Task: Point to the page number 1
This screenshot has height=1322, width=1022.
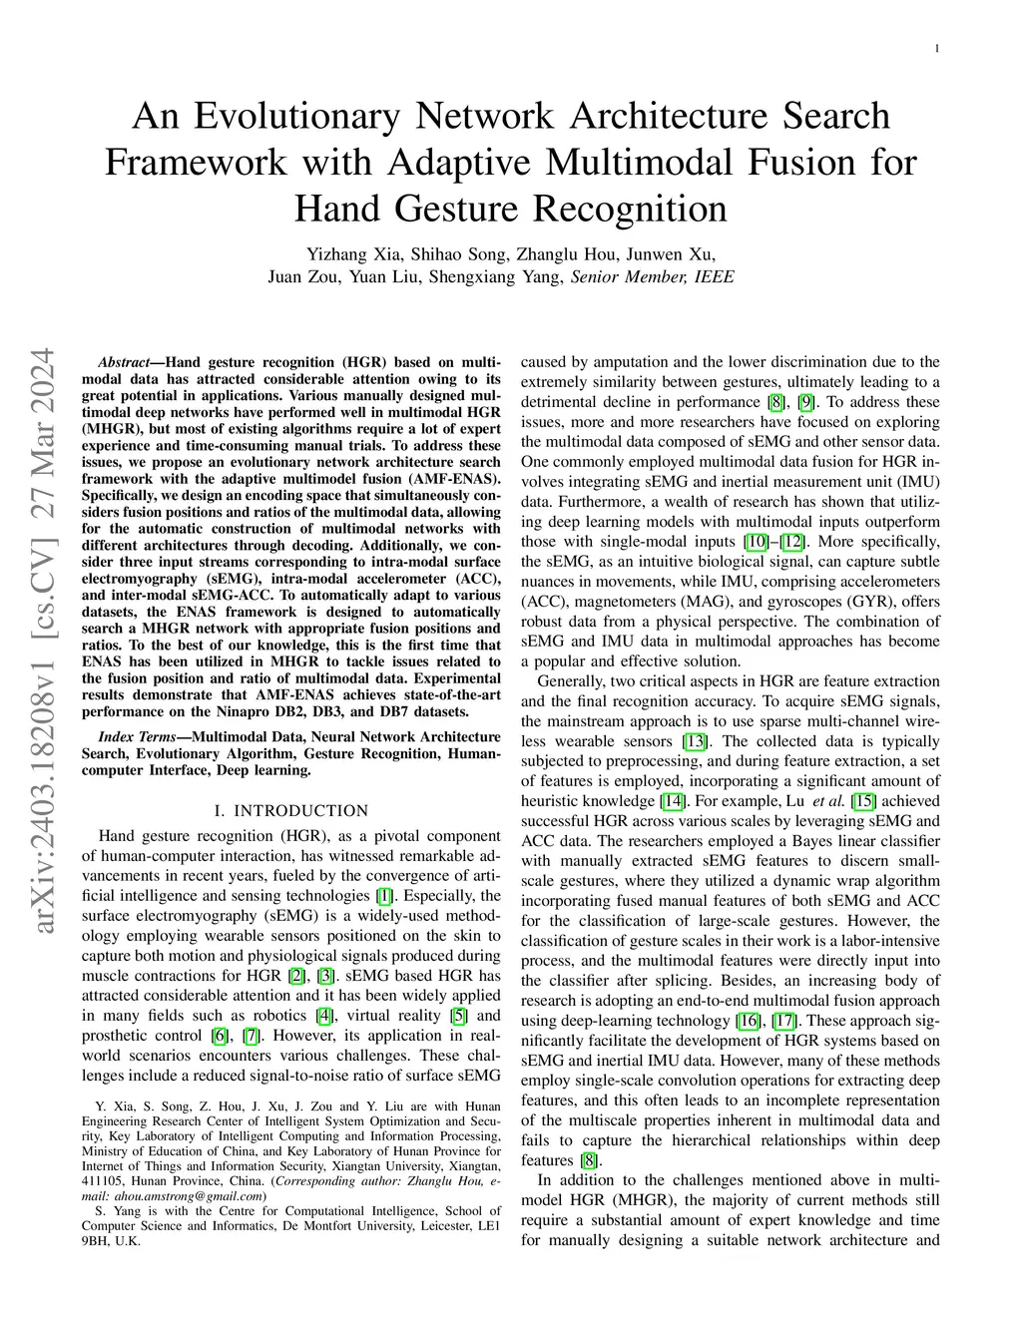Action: click(x=939, y=47)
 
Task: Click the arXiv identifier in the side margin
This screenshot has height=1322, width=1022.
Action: click(x=43, y=643)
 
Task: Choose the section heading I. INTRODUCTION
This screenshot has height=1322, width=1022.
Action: click(x=290, y=810)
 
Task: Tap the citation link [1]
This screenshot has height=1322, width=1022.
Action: click(x=384, y=896)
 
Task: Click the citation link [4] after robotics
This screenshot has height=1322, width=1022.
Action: click(x=323, y=1016)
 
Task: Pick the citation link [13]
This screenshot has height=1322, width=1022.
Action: click(x=694, y=741)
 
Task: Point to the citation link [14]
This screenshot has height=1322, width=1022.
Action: click(x=673, y=801)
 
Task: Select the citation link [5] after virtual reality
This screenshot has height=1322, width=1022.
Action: click(x=459, y=1016)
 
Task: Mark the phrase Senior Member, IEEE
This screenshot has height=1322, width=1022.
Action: click(x=652, y=276)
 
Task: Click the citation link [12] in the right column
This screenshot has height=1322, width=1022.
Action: click(x=792, y=542)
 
